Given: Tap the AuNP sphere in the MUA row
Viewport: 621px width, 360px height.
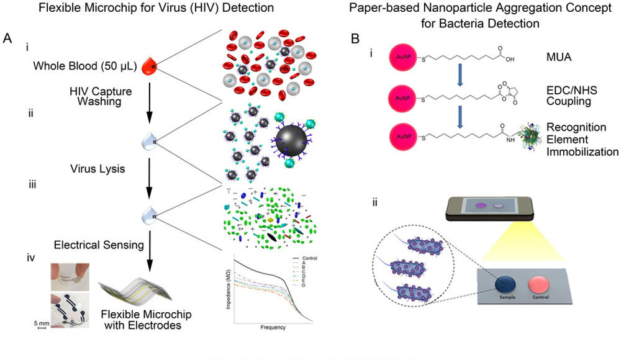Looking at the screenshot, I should (404, 59).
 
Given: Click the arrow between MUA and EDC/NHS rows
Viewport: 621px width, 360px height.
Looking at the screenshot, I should (458, 75).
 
